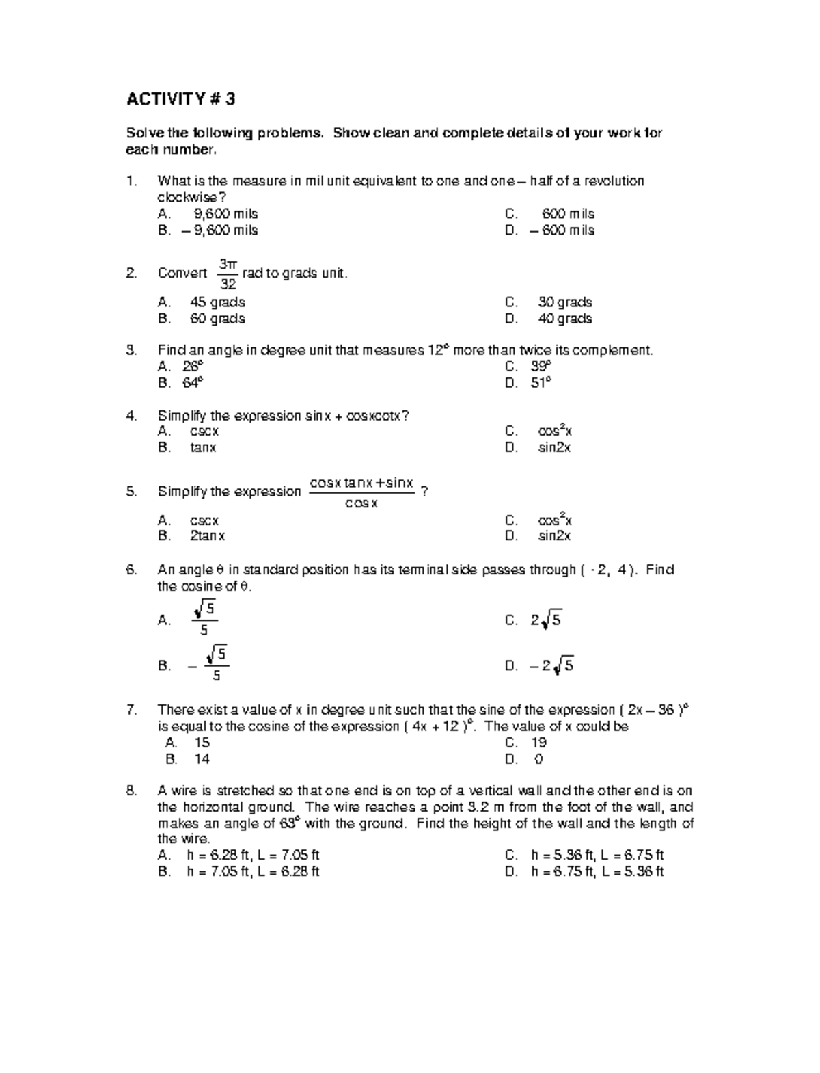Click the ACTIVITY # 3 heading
180,100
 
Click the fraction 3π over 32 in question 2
227,274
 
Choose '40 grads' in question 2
565,319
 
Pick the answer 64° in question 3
193,383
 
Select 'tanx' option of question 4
203,448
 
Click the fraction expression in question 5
361,492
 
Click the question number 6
132,570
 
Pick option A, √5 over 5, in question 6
204,619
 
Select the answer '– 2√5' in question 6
551,665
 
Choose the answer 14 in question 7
202,759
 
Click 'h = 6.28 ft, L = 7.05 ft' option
253,856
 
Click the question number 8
132,791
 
